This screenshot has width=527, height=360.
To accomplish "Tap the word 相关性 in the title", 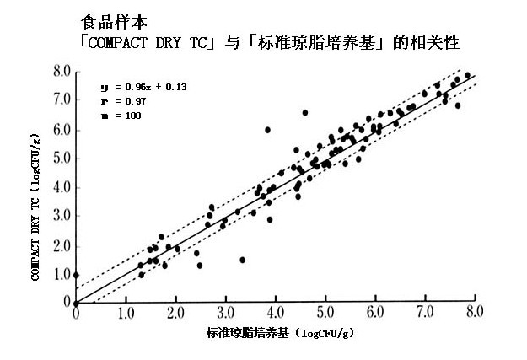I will (436, 40).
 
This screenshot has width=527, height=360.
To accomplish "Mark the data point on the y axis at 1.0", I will (76, 275).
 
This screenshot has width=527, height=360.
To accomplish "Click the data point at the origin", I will (76, 303).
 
